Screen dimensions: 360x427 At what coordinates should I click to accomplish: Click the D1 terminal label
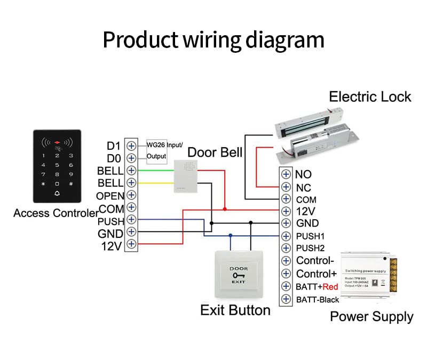tap(114, 146)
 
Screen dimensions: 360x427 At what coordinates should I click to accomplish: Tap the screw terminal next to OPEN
tap(131, 195)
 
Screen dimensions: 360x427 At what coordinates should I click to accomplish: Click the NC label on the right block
tap(303, 187)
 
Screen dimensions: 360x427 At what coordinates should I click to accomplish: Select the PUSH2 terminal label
tap(311, 248)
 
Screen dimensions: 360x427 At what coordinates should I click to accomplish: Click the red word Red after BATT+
tap(331, 286)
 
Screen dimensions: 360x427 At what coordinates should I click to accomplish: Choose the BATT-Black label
tap(318, 299)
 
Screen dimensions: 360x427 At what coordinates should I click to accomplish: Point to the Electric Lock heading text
tap(370, 97)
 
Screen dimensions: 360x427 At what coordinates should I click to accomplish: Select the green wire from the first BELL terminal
tap(155, 171)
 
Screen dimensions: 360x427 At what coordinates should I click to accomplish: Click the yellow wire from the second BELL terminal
tap(155, 183)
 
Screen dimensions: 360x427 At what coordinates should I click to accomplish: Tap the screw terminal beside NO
tap(287, 174)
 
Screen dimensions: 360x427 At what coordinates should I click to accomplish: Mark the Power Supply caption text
tap(371, 316)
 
